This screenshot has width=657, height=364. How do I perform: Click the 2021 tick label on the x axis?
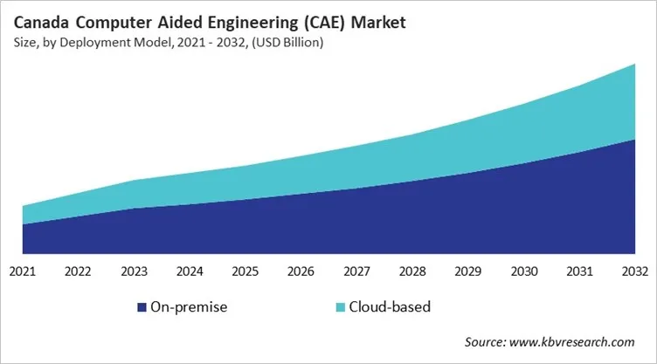23,271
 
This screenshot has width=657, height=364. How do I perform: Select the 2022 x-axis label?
78,271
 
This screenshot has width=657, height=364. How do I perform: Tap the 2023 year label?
134,271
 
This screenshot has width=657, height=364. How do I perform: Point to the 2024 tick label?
190,271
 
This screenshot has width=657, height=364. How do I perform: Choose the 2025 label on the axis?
246,271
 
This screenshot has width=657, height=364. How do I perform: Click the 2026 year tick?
301,271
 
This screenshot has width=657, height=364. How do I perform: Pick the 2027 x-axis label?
356,271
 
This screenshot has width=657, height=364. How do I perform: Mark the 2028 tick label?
412,271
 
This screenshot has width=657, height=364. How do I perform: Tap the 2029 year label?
468,271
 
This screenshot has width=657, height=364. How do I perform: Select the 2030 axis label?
523,271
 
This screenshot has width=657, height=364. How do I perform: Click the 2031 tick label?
579,271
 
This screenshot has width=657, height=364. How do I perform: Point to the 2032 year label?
634,271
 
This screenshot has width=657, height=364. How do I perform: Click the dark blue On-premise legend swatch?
142,307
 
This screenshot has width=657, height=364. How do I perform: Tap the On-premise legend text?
189,307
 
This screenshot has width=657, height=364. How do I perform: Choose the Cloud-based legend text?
390,307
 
